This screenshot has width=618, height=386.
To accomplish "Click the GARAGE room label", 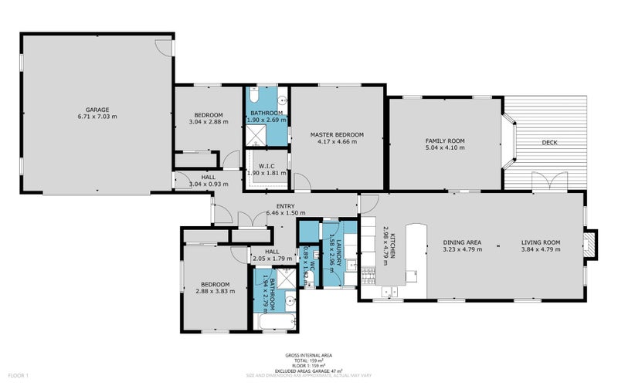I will pos(97,110).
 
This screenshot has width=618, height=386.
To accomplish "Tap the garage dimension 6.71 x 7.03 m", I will pos(97,117).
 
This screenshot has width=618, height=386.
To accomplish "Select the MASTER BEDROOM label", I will pos(337,134).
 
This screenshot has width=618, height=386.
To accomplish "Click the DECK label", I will pos(549,143).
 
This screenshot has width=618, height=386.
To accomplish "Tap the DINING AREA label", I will pos(462,242).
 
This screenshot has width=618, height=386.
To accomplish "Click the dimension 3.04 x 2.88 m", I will pos(208,122).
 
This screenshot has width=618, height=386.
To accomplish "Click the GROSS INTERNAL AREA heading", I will pos(308,356).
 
